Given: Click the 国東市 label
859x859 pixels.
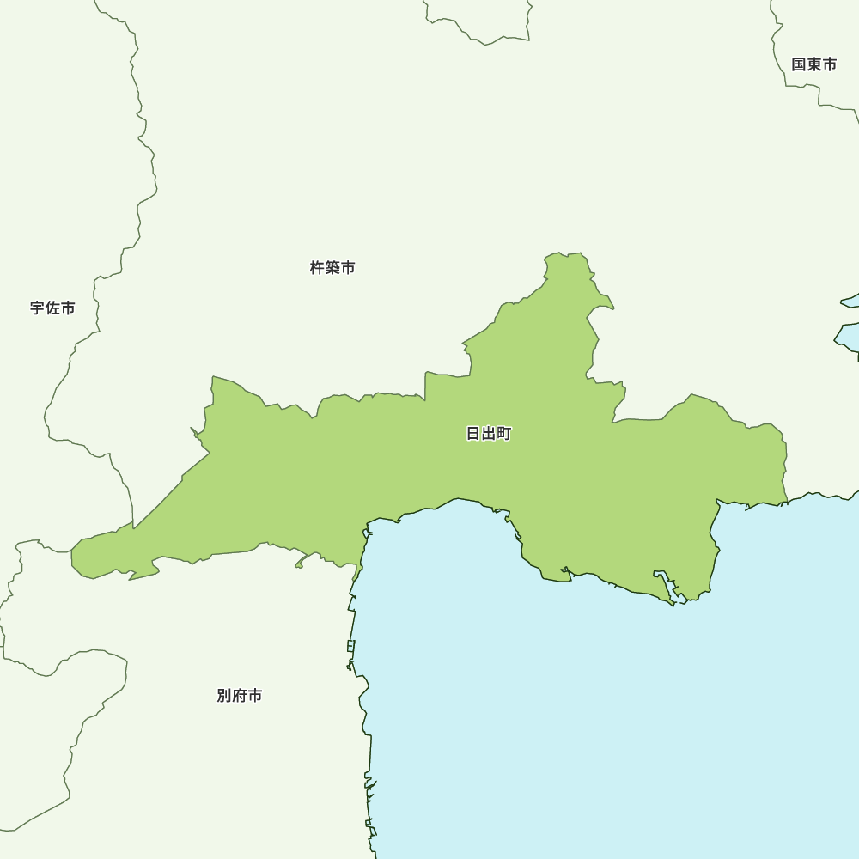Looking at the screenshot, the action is click(x=813, y=64).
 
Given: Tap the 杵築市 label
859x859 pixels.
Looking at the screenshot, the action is click(x=332, y=268).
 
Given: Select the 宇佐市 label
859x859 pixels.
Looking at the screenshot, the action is click(x=52, y=308).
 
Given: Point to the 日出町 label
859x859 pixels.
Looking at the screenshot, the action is click(x=489, y=434).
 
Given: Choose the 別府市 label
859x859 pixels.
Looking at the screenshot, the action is click(x=240, y=696).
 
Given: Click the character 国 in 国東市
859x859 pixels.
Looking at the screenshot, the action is click(x=799, y=64).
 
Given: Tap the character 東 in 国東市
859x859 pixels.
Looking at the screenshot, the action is click(x=813, y=64).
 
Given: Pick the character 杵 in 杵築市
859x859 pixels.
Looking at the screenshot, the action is click(x=317, y=268).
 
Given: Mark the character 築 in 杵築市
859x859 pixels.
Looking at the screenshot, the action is click(x=332, y=268).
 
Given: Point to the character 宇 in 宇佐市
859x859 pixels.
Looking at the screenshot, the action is click(x=37, y=308).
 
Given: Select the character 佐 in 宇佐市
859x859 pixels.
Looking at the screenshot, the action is click(x=52, y=308).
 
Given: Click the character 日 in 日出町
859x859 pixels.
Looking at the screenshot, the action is click(x=473, y=434).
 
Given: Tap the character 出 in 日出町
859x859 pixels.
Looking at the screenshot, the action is click(x=489, y=434).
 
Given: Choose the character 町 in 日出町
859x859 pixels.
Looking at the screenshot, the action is click(x=504, y=434).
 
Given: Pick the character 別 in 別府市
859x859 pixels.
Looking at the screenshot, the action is click(x=224, y=696).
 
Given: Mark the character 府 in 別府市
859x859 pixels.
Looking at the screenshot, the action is click(x=240, y=696).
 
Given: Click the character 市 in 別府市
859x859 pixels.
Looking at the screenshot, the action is click(x=255, y=696).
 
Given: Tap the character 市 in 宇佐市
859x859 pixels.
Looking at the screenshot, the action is click(x=68, y=308).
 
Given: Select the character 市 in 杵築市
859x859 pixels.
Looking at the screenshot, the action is click(x=348, y=268).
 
